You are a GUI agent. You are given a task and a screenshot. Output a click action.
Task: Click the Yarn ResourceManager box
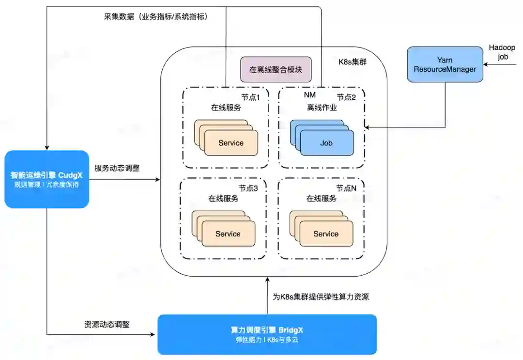tap(445, 64)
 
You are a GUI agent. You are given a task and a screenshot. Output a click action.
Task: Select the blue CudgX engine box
tap(47, 179)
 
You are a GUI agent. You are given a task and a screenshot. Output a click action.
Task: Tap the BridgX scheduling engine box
tap(267, 334)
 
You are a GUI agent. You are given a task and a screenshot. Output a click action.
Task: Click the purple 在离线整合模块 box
tap(276, 70)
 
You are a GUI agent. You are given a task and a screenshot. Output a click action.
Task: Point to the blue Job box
tap(326, 143)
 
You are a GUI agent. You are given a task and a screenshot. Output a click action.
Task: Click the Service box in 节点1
tap(231, 143)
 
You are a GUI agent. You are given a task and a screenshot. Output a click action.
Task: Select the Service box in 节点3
tap(228, 234)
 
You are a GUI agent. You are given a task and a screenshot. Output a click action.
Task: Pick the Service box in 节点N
tap(326, 234)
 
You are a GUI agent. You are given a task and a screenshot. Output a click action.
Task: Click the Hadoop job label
tap(502, 52)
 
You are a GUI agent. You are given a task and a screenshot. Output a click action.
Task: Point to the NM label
tap(309, 95)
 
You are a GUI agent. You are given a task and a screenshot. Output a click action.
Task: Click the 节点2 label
tap(346, 97)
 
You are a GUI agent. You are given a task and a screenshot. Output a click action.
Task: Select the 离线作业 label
tap(322, 108)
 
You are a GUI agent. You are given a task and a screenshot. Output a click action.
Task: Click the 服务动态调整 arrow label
tap(117, 168)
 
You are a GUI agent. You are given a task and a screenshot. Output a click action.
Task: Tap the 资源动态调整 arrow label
tap(107, 324)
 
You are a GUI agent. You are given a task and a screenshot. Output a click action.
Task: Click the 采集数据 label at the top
tap(155, 16)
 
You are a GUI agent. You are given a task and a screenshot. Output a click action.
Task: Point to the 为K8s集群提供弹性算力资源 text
tap(321, 297)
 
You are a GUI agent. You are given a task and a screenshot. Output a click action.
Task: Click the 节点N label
tap(347, 188)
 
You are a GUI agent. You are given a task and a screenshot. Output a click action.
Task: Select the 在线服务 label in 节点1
tap(226, 108)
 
